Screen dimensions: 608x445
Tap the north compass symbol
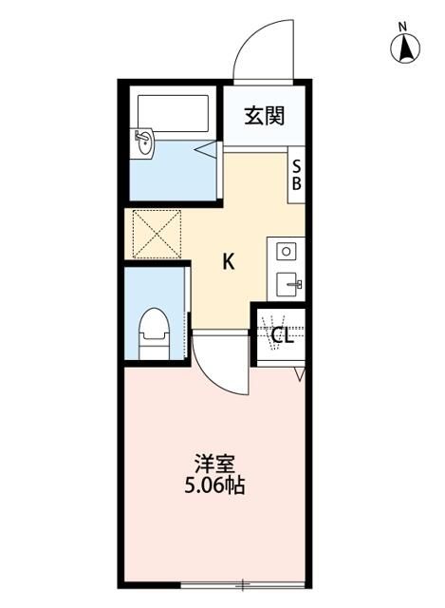(406, 47)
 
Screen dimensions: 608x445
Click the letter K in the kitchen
(229, 261)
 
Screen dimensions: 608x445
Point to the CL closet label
(281, 335)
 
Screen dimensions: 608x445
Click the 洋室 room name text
(215, 465)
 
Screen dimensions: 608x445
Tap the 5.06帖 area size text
(215, 487)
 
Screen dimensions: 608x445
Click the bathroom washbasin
(143, 143)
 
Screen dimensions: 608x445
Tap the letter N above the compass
(402, 26)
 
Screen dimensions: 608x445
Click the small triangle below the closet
(299, 377)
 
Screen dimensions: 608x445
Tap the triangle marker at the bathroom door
(206, 147)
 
